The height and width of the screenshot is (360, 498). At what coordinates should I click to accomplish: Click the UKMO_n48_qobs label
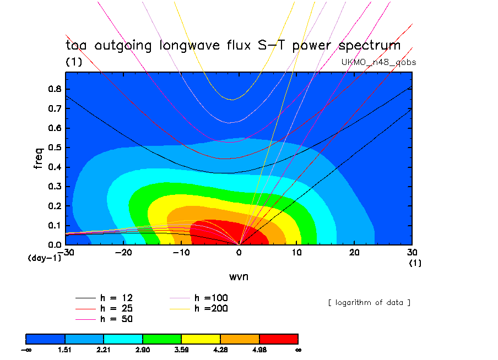(x=379, y=62)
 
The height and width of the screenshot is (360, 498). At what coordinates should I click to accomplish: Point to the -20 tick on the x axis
(x=123, y=252)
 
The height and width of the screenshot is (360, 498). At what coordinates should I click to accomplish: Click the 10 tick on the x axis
(x=296, y=252)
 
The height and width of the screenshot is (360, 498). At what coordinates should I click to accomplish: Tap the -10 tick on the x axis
(x=181, y=252)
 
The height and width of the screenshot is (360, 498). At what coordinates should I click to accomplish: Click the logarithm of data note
(x=369, y=302)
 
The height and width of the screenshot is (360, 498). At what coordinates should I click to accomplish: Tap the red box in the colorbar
(x=279, y=339)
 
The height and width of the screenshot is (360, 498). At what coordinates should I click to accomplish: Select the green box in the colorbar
(x=162, y=339)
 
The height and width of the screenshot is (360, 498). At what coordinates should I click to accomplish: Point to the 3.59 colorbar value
(x=182, y=350)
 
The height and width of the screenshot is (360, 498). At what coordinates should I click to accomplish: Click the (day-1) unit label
(x=45, y=258)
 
